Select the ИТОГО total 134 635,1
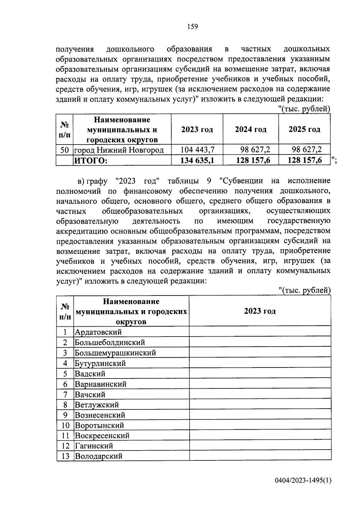point(197,160)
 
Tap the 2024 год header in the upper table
point(250,129)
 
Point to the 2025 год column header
point(304,129)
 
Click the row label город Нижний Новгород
point(119,150)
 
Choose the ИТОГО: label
point(91,160)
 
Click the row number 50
point(64,150)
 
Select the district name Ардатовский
point(98,332)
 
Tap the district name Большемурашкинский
point(115,353)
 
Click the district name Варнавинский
point(100,384)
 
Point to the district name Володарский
point(99,456)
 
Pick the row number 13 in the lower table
point(65,456)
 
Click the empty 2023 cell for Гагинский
point(260,446)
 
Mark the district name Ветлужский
point(97,405)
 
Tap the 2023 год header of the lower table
point(260,311)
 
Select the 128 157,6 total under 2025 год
point(304,160)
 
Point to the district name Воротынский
point(99,425)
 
